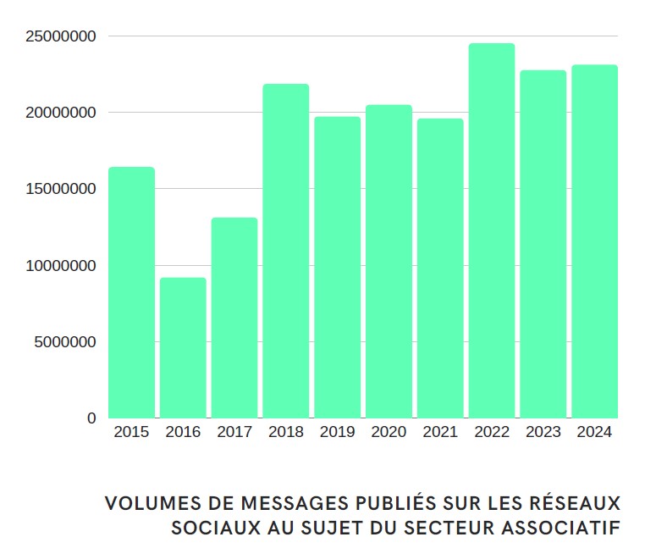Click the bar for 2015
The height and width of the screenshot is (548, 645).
coord(131,292)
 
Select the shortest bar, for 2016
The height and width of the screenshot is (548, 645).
coord(183,347)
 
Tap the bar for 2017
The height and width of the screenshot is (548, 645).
coord(234,318)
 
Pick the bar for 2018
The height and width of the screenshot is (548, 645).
coord(286,251)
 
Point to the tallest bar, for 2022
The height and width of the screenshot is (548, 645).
coord(492,230)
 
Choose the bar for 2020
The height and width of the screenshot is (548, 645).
coord(389,261)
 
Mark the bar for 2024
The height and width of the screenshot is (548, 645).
coord(594,241)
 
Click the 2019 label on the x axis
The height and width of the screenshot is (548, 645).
coord(338,432)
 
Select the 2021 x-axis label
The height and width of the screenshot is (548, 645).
coord(440,432)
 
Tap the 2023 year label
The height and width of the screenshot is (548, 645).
coord(543,432)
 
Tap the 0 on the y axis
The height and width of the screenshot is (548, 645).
coord(91,418)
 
